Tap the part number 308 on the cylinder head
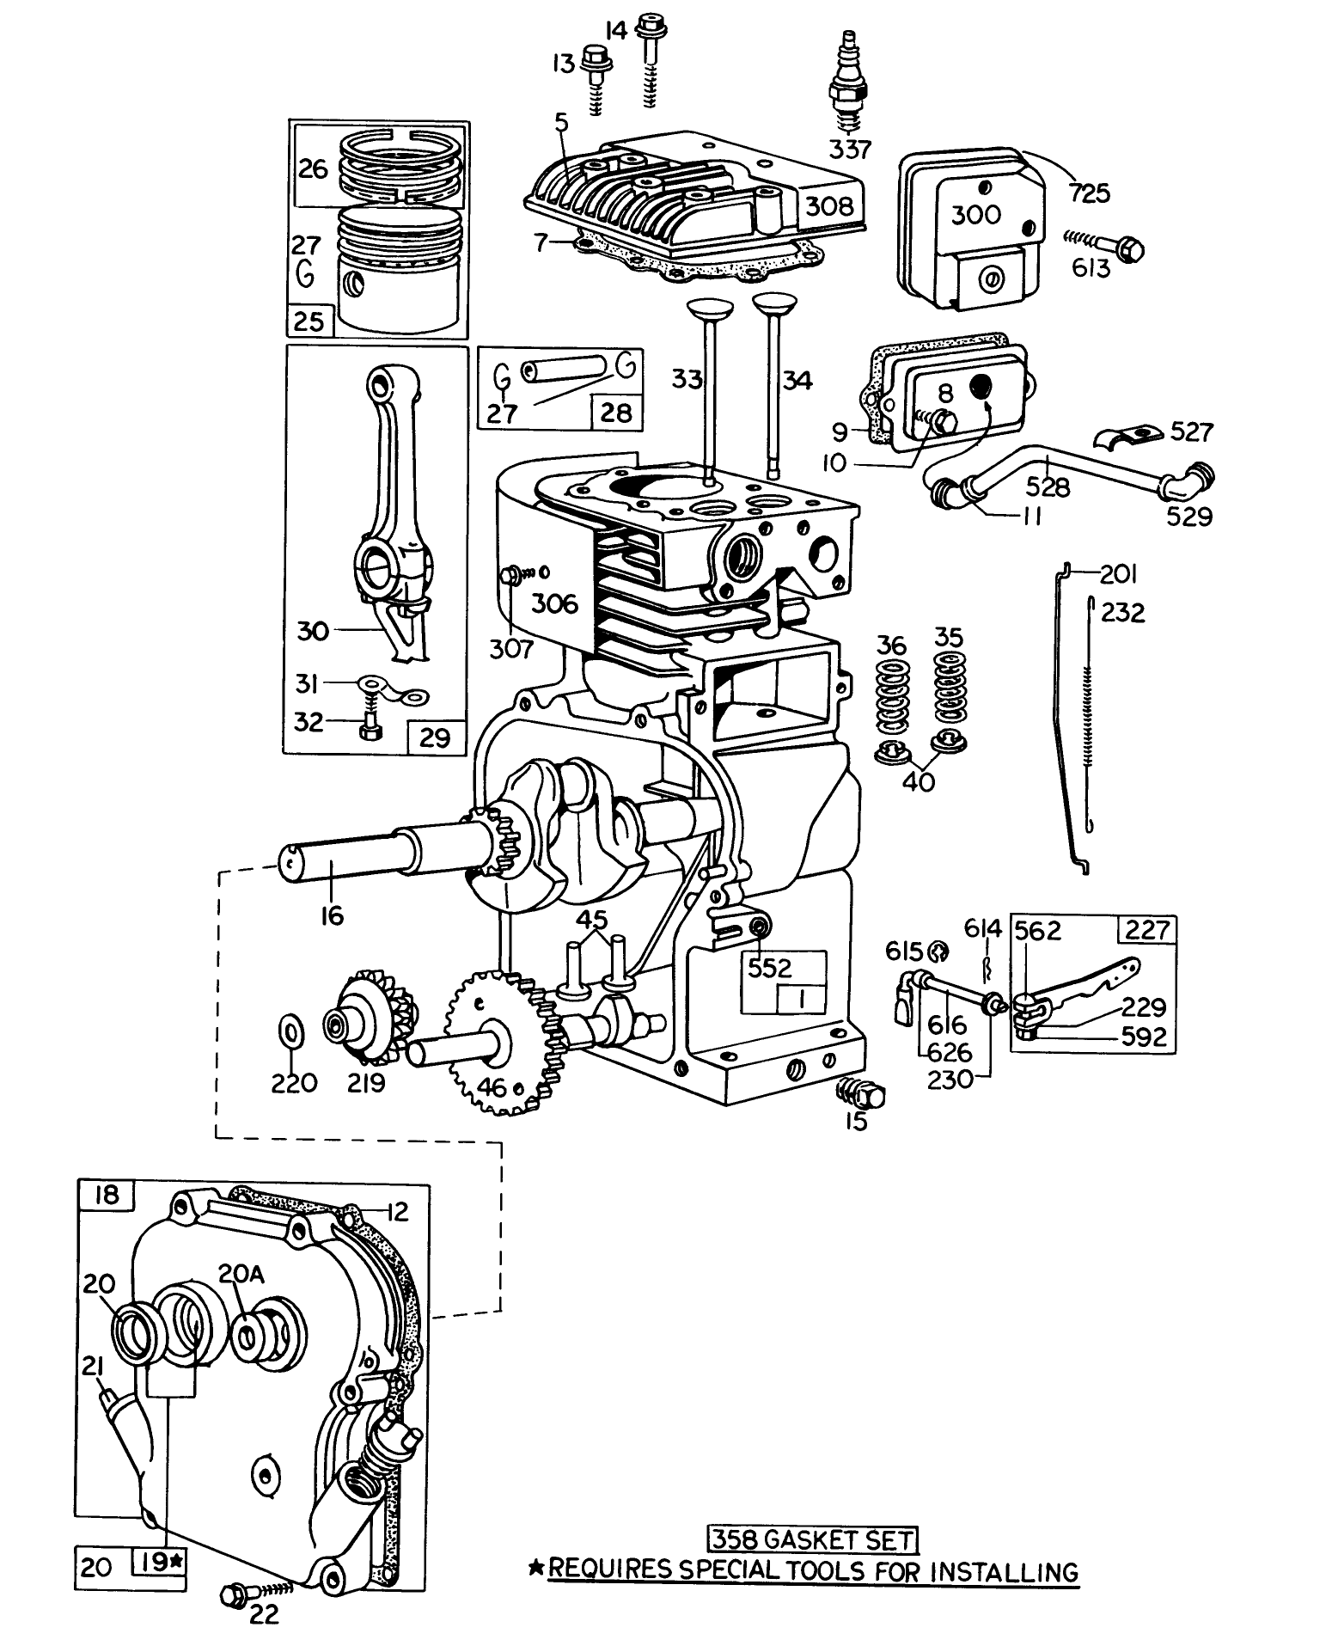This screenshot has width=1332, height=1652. (830, 207)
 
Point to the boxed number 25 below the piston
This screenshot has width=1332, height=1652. (309, 321)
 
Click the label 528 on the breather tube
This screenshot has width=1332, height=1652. (1048, 487)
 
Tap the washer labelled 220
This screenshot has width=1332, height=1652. (292, 1031)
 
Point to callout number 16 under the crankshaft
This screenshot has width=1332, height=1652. (332, 916)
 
